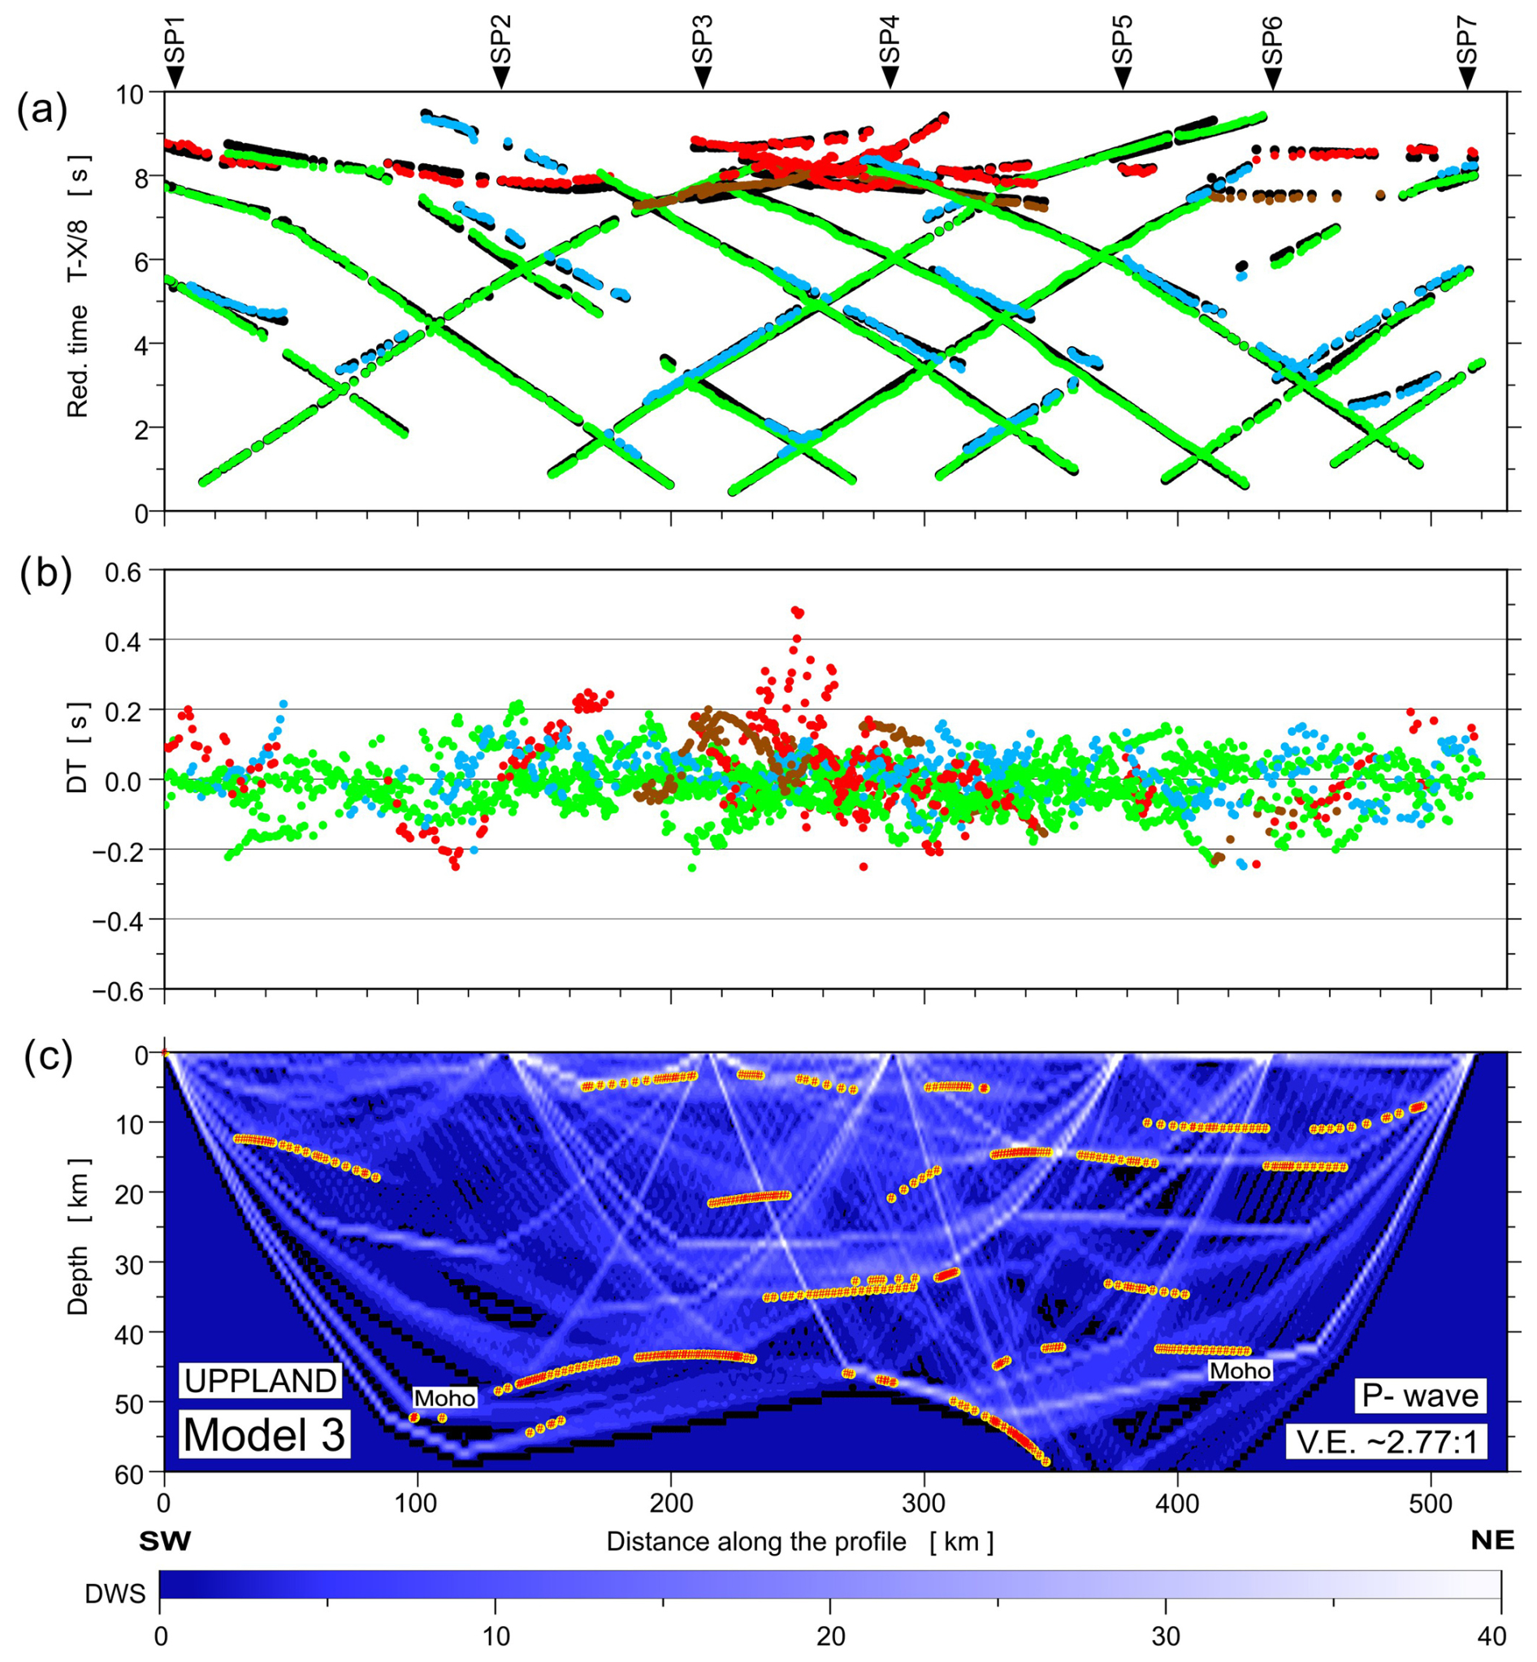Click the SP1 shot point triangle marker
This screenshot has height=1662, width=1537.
pos(174,77)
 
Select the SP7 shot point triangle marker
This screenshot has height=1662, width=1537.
pos(1467,77)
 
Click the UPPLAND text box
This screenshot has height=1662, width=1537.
pos(260,1380)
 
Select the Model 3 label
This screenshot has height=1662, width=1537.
pos(264,1435)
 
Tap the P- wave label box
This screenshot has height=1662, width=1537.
pos(1419,1395)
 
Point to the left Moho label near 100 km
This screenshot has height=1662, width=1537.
pos(445,1397)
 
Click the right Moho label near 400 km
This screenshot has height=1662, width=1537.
pos(1240,1370)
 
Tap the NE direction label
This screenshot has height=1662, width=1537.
pos(1492,1540)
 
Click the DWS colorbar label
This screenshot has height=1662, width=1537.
pos(115,1594)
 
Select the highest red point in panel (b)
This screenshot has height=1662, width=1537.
pos(796,611)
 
